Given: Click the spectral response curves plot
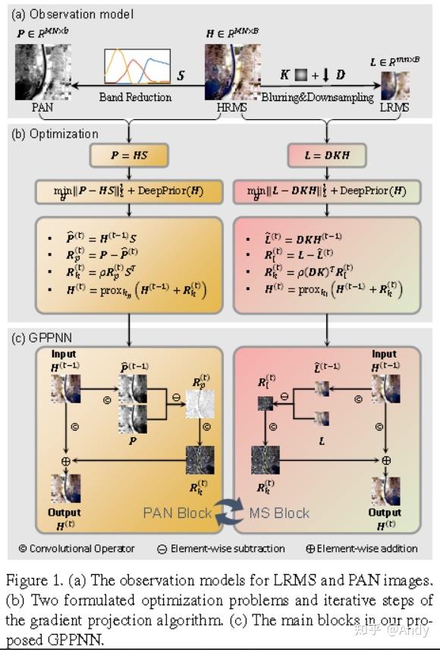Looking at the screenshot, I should point(137,68).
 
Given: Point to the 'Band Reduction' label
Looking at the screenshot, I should point(135,97).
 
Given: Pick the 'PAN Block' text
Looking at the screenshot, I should point(178,513).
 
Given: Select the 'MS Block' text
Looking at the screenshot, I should point(279,513).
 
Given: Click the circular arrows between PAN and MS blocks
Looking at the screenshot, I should point(228,513).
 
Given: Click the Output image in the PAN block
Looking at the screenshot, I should point(64,491).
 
